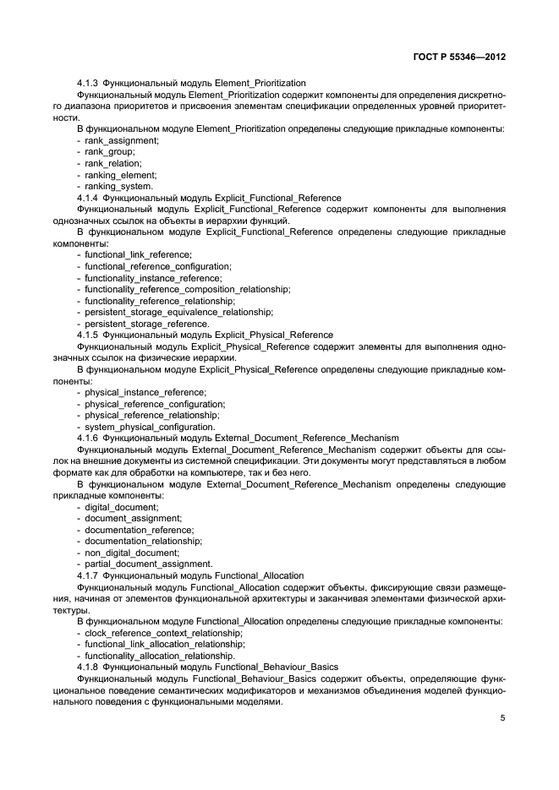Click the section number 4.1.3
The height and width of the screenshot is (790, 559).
[x=88, y=84]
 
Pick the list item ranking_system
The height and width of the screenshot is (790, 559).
[x=119, y=186]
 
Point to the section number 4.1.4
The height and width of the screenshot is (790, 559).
[x=88, y=198]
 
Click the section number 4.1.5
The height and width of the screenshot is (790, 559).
[x=88, y=335]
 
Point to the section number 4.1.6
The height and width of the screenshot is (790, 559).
[x=88, y=438]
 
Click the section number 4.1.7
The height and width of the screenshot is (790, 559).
[x=88, y=575]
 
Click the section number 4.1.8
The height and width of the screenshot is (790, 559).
[x=88, y=667]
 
